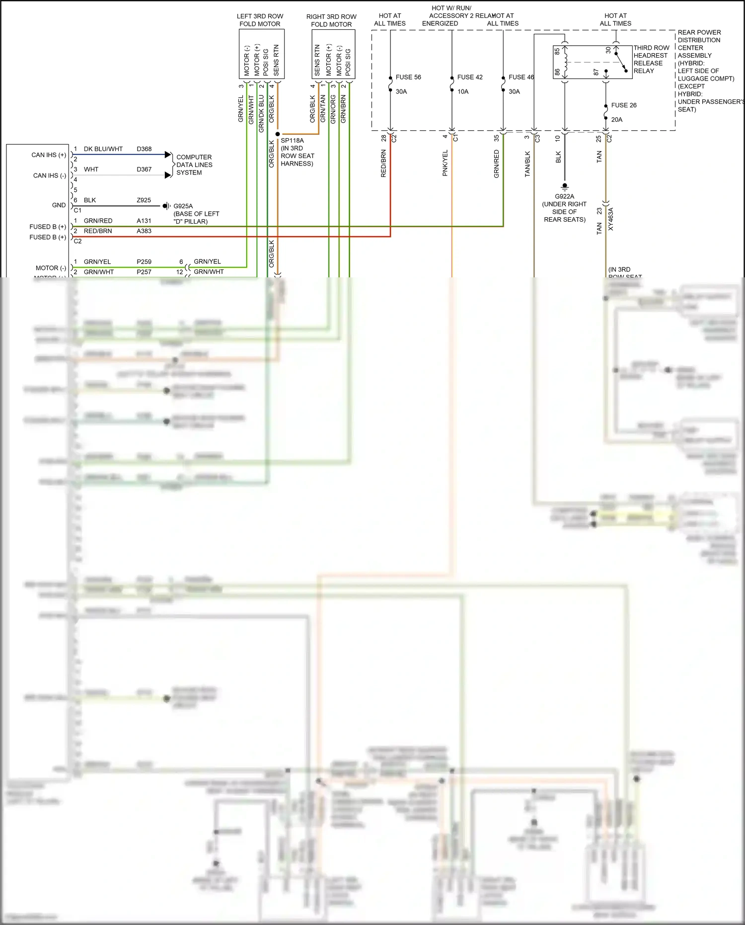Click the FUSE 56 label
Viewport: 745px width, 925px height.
coord(408,77)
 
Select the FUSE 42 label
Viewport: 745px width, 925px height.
coord(470,77)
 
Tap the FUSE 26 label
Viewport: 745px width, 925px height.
coord(624,105)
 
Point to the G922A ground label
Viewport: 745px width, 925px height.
coord(564,196)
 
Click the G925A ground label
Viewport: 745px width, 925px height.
coord(183,206)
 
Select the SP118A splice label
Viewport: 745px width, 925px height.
coord(292,141)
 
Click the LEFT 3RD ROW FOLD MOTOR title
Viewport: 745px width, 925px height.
coord(260,20)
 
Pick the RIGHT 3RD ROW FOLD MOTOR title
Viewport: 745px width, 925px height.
coord(331,20)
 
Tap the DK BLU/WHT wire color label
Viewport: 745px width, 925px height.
coord(103,149)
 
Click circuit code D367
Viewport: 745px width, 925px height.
coord(144,169)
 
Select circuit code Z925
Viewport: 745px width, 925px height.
coord(144,200)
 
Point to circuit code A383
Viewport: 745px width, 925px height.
coord(144,231)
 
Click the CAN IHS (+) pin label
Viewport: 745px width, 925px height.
coord(49,155)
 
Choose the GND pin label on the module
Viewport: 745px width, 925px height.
coord(59,205)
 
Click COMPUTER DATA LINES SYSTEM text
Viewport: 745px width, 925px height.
coord(194,165)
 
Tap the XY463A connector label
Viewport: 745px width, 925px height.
coord(611,219)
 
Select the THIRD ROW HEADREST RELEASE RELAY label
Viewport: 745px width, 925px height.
coord(651,59)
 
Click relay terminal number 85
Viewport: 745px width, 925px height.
coord(557,51)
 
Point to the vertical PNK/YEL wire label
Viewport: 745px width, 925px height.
coord(445,163)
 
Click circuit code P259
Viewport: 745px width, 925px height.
coord(144,262)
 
